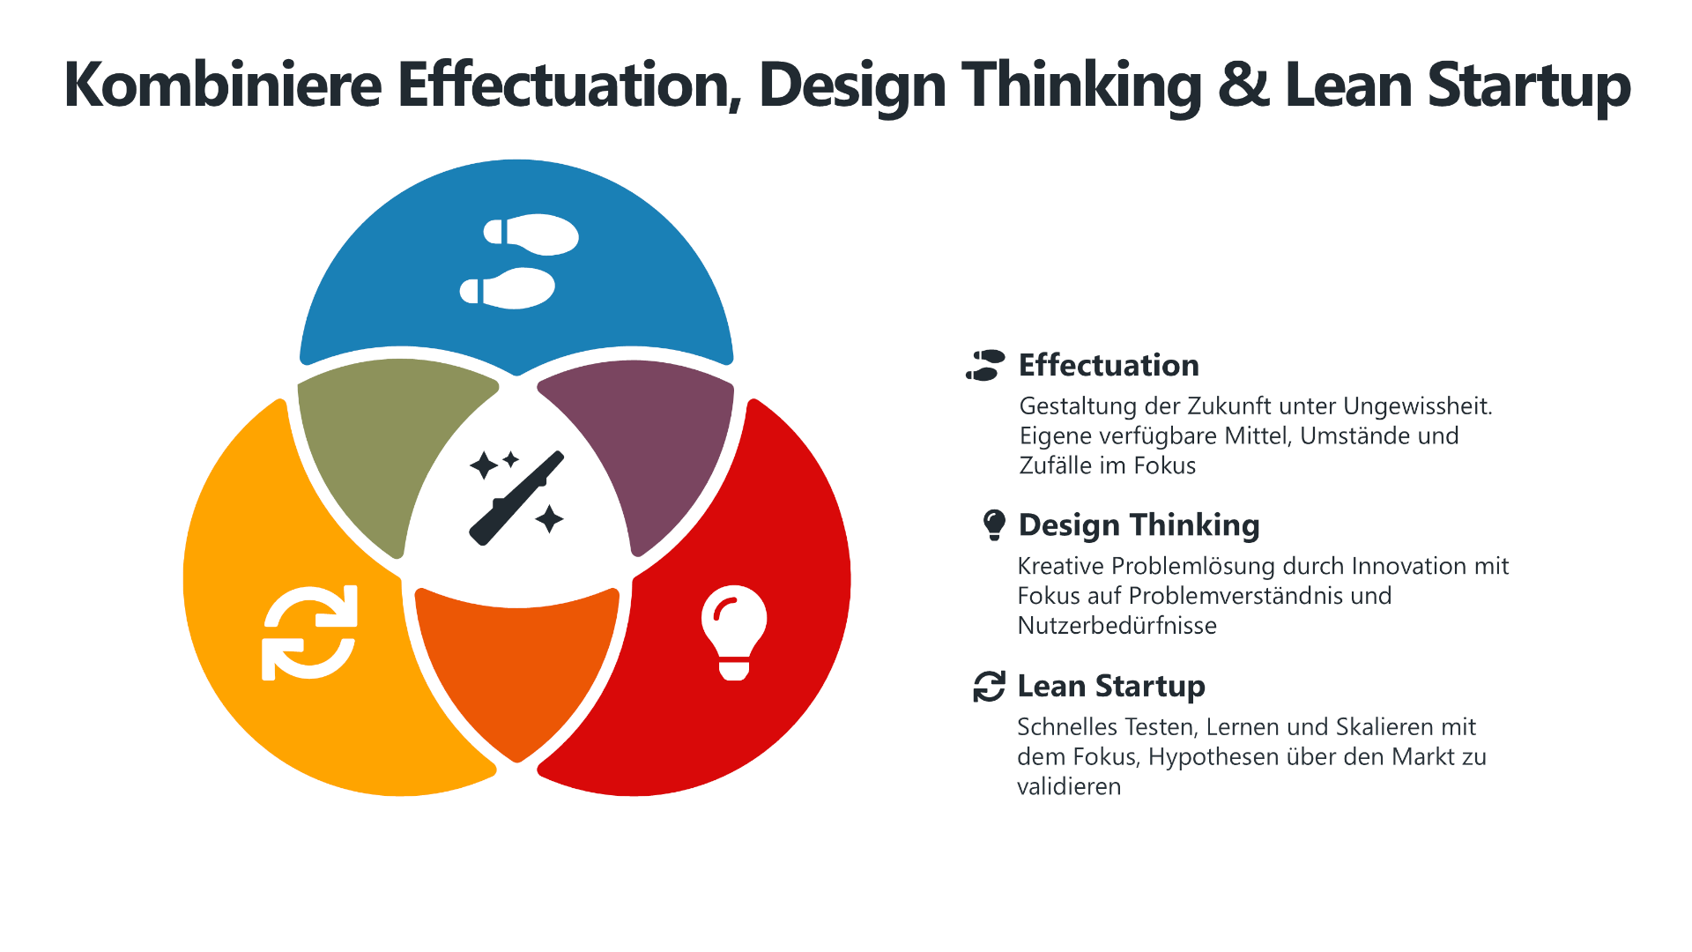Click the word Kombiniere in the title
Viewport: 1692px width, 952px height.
pos(223,85)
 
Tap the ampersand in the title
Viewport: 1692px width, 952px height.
pos(1243,86)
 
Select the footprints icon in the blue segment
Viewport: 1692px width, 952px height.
pos(520,261)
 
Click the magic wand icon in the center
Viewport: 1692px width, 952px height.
pos(516,498)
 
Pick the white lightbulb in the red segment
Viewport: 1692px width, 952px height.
pos(734,632)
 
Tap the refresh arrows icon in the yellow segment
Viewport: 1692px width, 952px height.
pos(309,633)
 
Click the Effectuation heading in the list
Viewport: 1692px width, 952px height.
pos(1109,365)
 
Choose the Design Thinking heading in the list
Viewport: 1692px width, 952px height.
pos(1139,525)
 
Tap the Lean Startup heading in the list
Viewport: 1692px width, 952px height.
pos(1111,686)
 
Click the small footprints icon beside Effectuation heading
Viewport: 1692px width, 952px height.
pos(985,365)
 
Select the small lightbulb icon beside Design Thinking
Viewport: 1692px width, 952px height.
pos(994,524)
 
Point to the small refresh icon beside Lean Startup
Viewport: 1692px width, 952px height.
pos(989,686)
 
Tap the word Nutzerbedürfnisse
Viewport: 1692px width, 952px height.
pos(1117,626)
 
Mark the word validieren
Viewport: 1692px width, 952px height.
pos(1069,786)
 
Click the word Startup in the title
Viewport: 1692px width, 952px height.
pos(1529,86)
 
